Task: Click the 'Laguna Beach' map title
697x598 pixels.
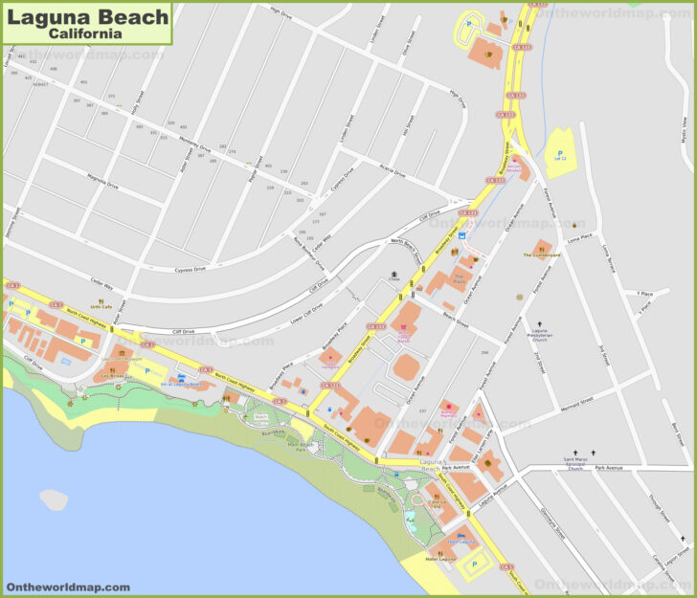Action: [87, 15]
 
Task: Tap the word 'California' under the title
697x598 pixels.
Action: [87, 33]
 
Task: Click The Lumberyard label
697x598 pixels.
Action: [542, 255]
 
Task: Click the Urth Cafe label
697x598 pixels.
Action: [101, 306]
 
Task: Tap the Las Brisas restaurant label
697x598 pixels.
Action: [113, 376]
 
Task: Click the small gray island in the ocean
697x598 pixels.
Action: [54, 498]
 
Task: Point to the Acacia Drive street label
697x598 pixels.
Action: [393, 172]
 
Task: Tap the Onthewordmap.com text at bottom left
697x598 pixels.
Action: [67, 587]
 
